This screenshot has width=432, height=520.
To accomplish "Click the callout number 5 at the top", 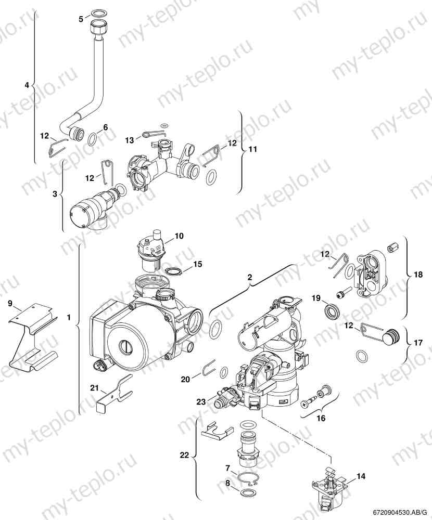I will point(81,19).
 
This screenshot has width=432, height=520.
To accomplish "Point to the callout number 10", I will point(179,236).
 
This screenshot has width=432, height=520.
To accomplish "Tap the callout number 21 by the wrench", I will point(94,388).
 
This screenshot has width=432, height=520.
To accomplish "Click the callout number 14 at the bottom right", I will point(361,475).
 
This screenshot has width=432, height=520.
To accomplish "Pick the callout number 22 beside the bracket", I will point(184,456).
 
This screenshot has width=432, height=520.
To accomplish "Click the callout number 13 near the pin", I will point(130,140).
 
